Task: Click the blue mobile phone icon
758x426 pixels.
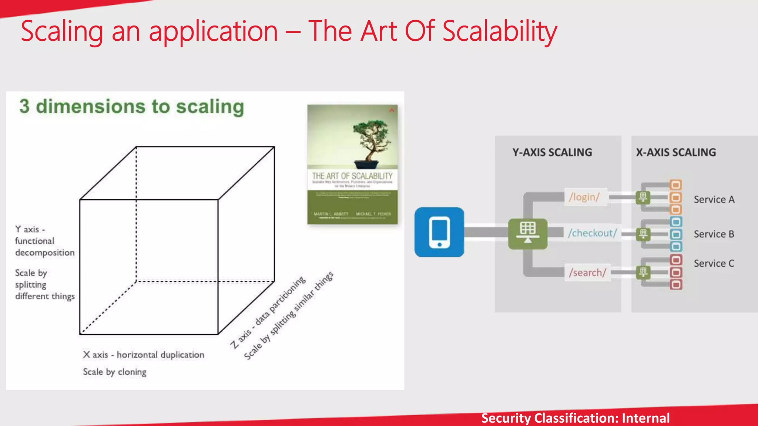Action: pos(439,232)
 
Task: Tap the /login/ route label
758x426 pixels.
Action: pos(584,197)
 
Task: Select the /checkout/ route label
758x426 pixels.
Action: pos(592,233)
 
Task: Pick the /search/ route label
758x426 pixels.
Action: pos(587,273)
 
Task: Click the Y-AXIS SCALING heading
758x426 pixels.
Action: pos(552,152)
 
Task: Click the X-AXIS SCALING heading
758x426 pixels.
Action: pos(676,152)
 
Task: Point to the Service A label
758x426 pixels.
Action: pos(714,200)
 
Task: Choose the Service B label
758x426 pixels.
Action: pos(714,234)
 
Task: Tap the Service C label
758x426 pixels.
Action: pos(714,263)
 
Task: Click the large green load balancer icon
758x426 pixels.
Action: pos(527,233)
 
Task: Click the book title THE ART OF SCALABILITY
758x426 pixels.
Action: pos(352,176)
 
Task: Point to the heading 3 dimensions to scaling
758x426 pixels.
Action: pos(132,107)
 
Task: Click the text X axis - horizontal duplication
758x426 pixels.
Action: pos(144,355)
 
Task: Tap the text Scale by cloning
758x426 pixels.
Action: pos(114,372)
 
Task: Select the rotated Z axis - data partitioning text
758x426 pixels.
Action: pos(268,313)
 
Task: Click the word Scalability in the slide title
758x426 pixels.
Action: pos(500,31)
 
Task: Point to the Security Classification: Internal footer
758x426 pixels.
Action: pos(575,418)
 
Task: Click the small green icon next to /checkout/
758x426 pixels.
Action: pos(643,234)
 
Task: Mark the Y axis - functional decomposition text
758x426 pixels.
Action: pos(44,241)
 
